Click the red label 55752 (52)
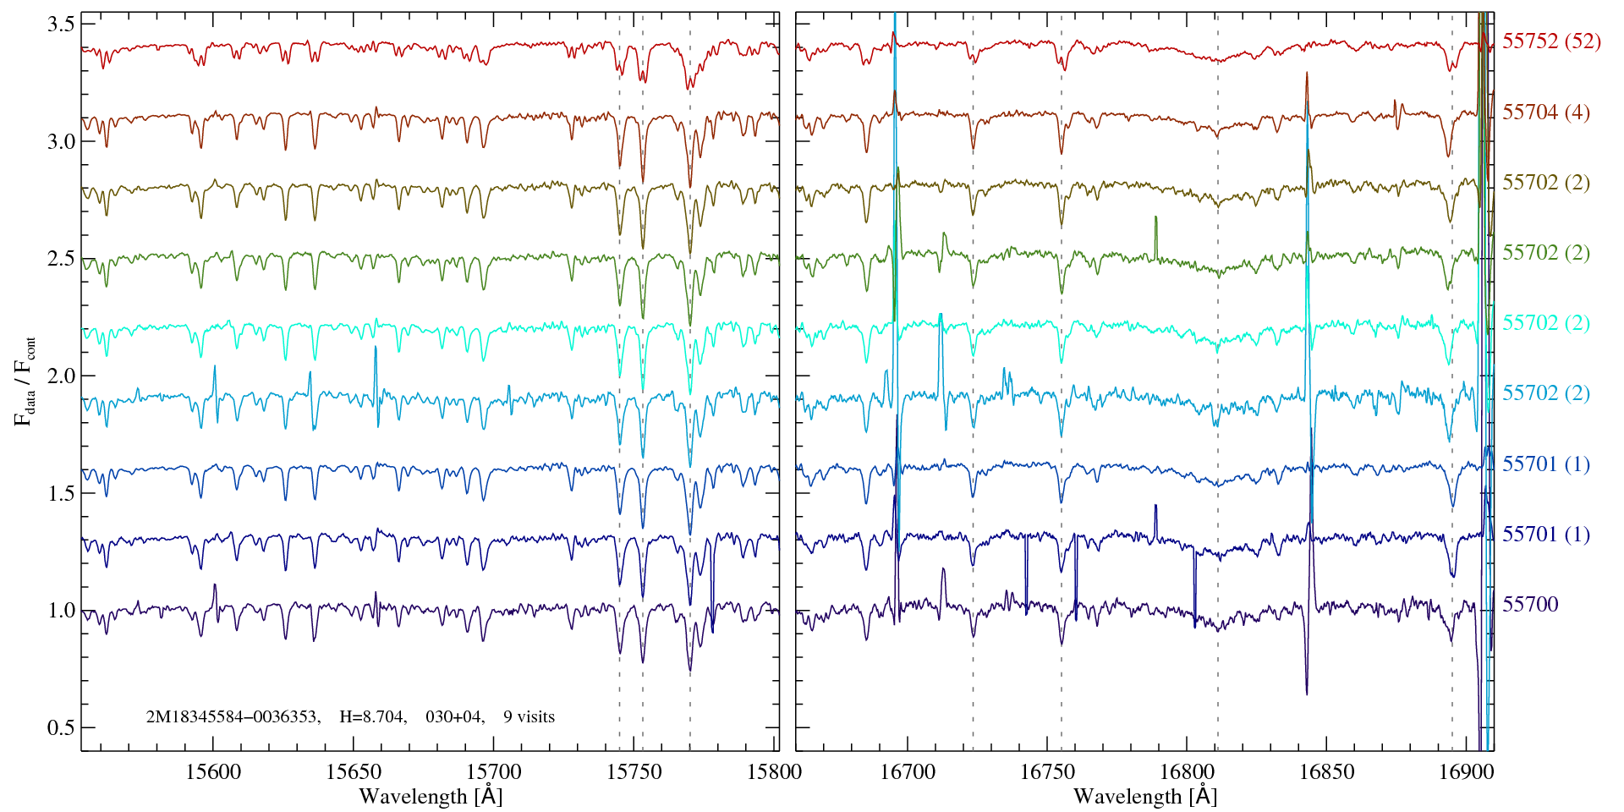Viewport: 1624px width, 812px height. (1551, 41)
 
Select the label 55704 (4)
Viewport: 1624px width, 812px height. (1545, 112)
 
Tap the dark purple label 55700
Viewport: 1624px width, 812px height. (1530, 604)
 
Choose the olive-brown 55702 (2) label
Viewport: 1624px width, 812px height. (1545, 183)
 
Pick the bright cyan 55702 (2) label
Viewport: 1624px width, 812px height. (1545, 323)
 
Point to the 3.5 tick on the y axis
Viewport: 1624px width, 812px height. (60, 25)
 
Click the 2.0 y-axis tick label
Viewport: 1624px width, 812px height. (60, 376)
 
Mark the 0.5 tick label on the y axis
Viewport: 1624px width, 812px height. (60, 728)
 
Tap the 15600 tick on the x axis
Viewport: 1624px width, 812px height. (213, 771)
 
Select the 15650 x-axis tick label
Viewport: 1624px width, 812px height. (354, 771)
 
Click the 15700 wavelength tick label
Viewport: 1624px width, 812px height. (494, 771)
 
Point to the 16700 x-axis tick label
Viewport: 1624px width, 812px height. (908, 771)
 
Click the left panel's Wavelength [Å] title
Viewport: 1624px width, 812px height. (431, 796)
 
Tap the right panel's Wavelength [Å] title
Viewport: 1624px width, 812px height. (1144, 796)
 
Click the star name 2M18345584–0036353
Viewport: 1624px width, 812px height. (233, 717)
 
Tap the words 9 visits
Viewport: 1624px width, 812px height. (529, 717)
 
